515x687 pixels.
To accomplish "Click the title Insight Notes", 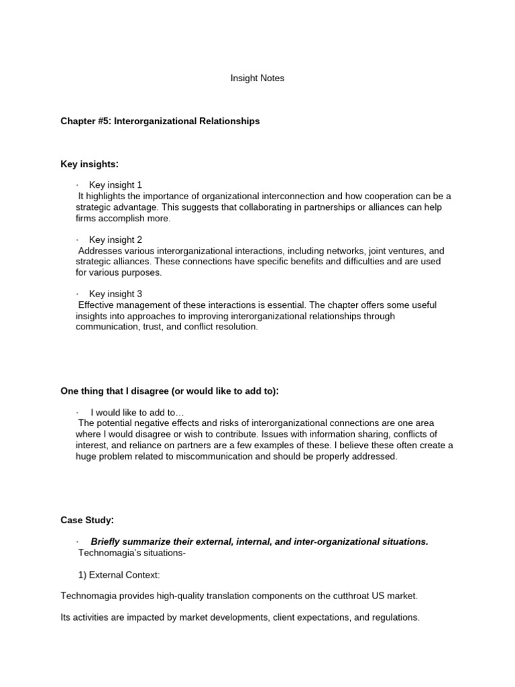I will click(257, 78).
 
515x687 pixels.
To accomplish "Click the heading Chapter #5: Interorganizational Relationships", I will click(160, 121).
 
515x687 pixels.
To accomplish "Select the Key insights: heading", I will click(89, 164).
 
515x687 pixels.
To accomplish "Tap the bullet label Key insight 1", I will click(115, 185).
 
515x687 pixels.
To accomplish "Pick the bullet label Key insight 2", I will click(115, 240).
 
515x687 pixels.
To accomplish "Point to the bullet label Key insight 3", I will click(115, 294).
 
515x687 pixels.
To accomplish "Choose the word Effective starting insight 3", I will click(97, 305).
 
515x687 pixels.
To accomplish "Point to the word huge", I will click(86, 457).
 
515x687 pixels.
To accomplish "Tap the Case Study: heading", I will click(87, 520).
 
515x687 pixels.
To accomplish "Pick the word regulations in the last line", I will click(396, 618).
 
